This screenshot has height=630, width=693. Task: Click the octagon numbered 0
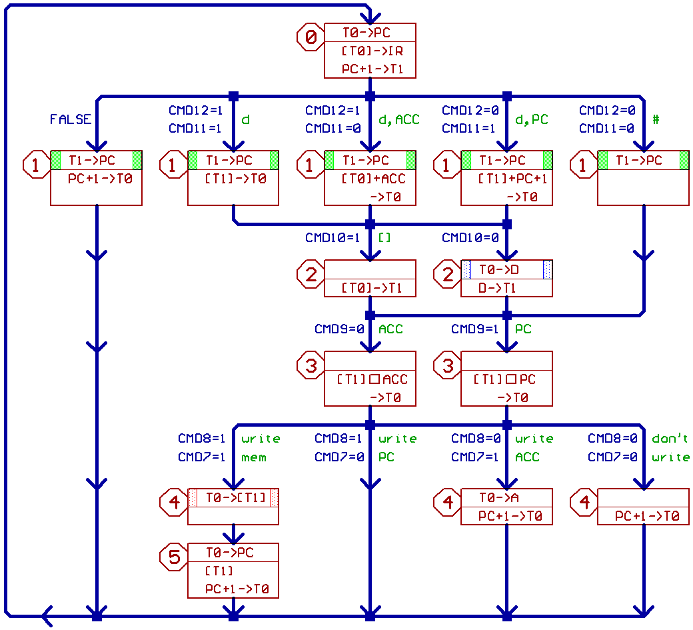pos(311,37)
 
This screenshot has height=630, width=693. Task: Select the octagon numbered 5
pos(174,557)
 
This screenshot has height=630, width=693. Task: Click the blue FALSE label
pos(70,119)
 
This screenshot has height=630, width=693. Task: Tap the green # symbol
pos(656,119)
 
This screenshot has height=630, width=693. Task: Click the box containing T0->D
pos(506,279)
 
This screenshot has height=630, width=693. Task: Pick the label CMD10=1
pos(333,237)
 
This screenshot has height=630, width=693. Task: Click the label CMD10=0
pos(470,237)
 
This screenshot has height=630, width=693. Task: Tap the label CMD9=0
pos(339,329)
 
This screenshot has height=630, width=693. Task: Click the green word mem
pos(254,457)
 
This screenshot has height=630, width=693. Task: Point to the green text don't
pos(670,439)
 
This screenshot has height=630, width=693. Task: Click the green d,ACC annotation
pos(399,119)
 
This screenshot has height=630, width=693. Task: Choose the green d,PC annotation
pos(532,119)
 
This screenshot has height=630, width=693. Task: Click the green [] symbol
pos(384,237)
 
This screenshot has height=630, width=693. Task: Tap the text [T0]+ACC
pos(372,179)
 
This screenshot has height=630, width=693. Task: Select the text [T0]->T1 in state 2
pos(372,288)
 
